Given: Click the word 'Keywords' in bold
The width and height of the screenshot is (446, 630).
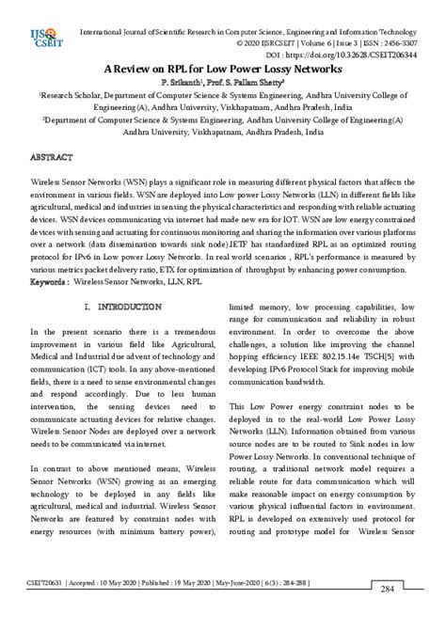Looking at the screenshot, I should (x=49, y=255).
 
